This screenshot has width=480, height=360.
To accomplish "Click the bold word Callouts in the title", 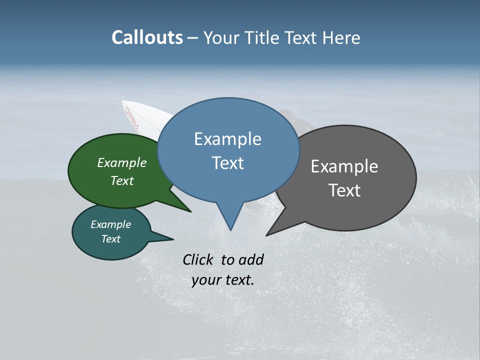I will pyautogui.click(x=147, y=37).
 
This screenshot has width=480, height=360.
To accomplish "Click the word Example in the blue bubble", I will pyautogui.click(x=227, y=139).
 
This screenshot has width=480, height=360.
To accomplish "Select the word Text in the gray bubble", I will pyautogui.click(x=344, y=190).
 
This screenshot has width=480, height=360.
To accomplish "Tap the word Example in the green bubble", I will pyautogui.click(x=122, y=163).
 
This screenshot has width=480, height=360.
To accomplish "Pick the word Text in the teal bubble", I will pyautogui.click(x=111, y=239).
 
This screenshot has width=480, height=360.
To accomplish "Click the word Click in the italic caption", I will pyautogui.click(x=199, y=259).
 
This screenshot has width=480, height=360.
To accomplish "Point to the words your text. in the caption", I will pyautogui.click(x=223, y=280).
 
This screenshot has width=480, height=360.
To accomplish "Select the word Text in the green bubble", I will pyautogui.click(x=122, y=180).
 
